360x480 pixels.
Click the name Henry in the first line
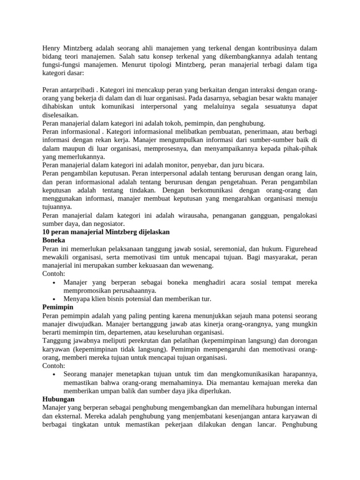[x=52, y=48]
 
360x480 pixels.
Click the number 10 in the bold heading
[x=46, y=232]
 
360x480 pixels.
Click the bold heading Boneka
[x=53, y=240]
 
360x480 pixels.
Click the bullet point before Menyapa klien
[x=55, y=299]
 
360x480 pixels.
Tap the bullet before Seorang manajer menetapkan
[x=55, y=374]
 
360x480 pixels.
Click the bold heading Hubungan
[x=58, y=399]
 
